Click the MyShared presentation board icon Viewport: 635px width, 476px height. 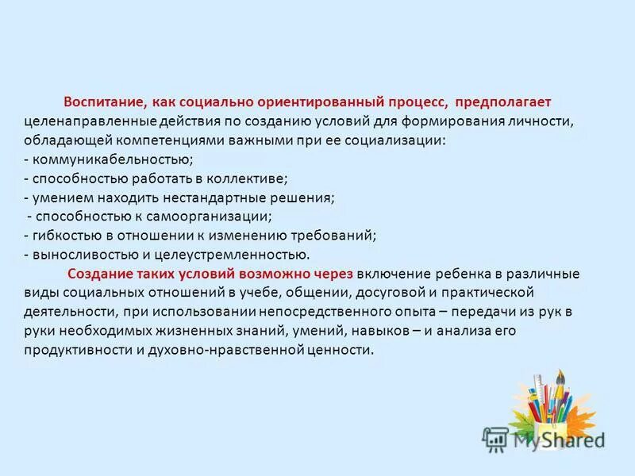pyautogui.click(x=495, y=438)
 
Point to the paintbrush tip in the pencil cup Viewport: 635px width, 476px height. pyautogui.click(x=560, y=375)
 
